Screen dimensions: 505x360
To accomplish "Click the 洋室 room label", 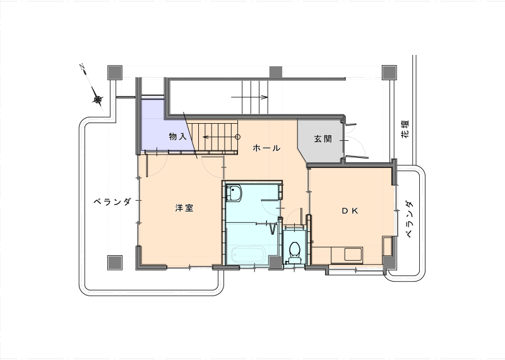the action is click(184, 208).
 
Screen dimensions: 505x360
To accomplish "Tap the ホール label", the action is click(266, 148).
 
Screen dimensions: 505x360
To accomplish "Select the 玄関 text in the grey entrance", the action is click(323, 139).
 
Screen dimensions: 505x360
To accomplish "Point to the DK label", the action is click(350, 210).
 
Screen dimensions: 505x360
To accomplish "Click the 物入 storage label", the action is click(178, 136).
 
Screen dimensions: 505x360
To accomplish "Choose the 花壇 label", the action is click(405, 129).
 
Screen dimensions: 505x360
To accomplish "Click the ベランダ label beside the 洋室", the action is click(112, 201).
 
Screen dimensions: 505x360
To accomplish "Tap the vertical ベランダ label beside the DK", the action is click(408, 219).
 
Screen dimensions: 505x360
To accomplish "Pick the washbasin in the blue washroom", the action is click(234, 193).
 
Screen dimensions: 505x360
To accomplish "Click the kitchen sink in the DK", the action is click(353, 255).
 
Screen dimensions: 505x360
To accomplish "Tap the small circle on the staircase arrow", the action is click(238, 137).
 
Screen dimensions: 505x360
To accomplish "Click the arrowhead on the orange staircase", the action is click(205, 137).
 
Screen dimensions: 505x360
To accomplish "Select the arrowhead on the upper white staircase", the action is click(265, 97).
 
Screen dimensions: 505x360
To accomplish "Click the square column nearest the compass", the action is click(115, 73).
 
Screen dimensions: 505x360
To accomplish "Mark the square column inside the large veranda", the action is click(115, 263).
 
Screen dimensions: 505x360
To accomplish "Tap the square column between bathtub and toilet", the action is click(276, 263).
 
